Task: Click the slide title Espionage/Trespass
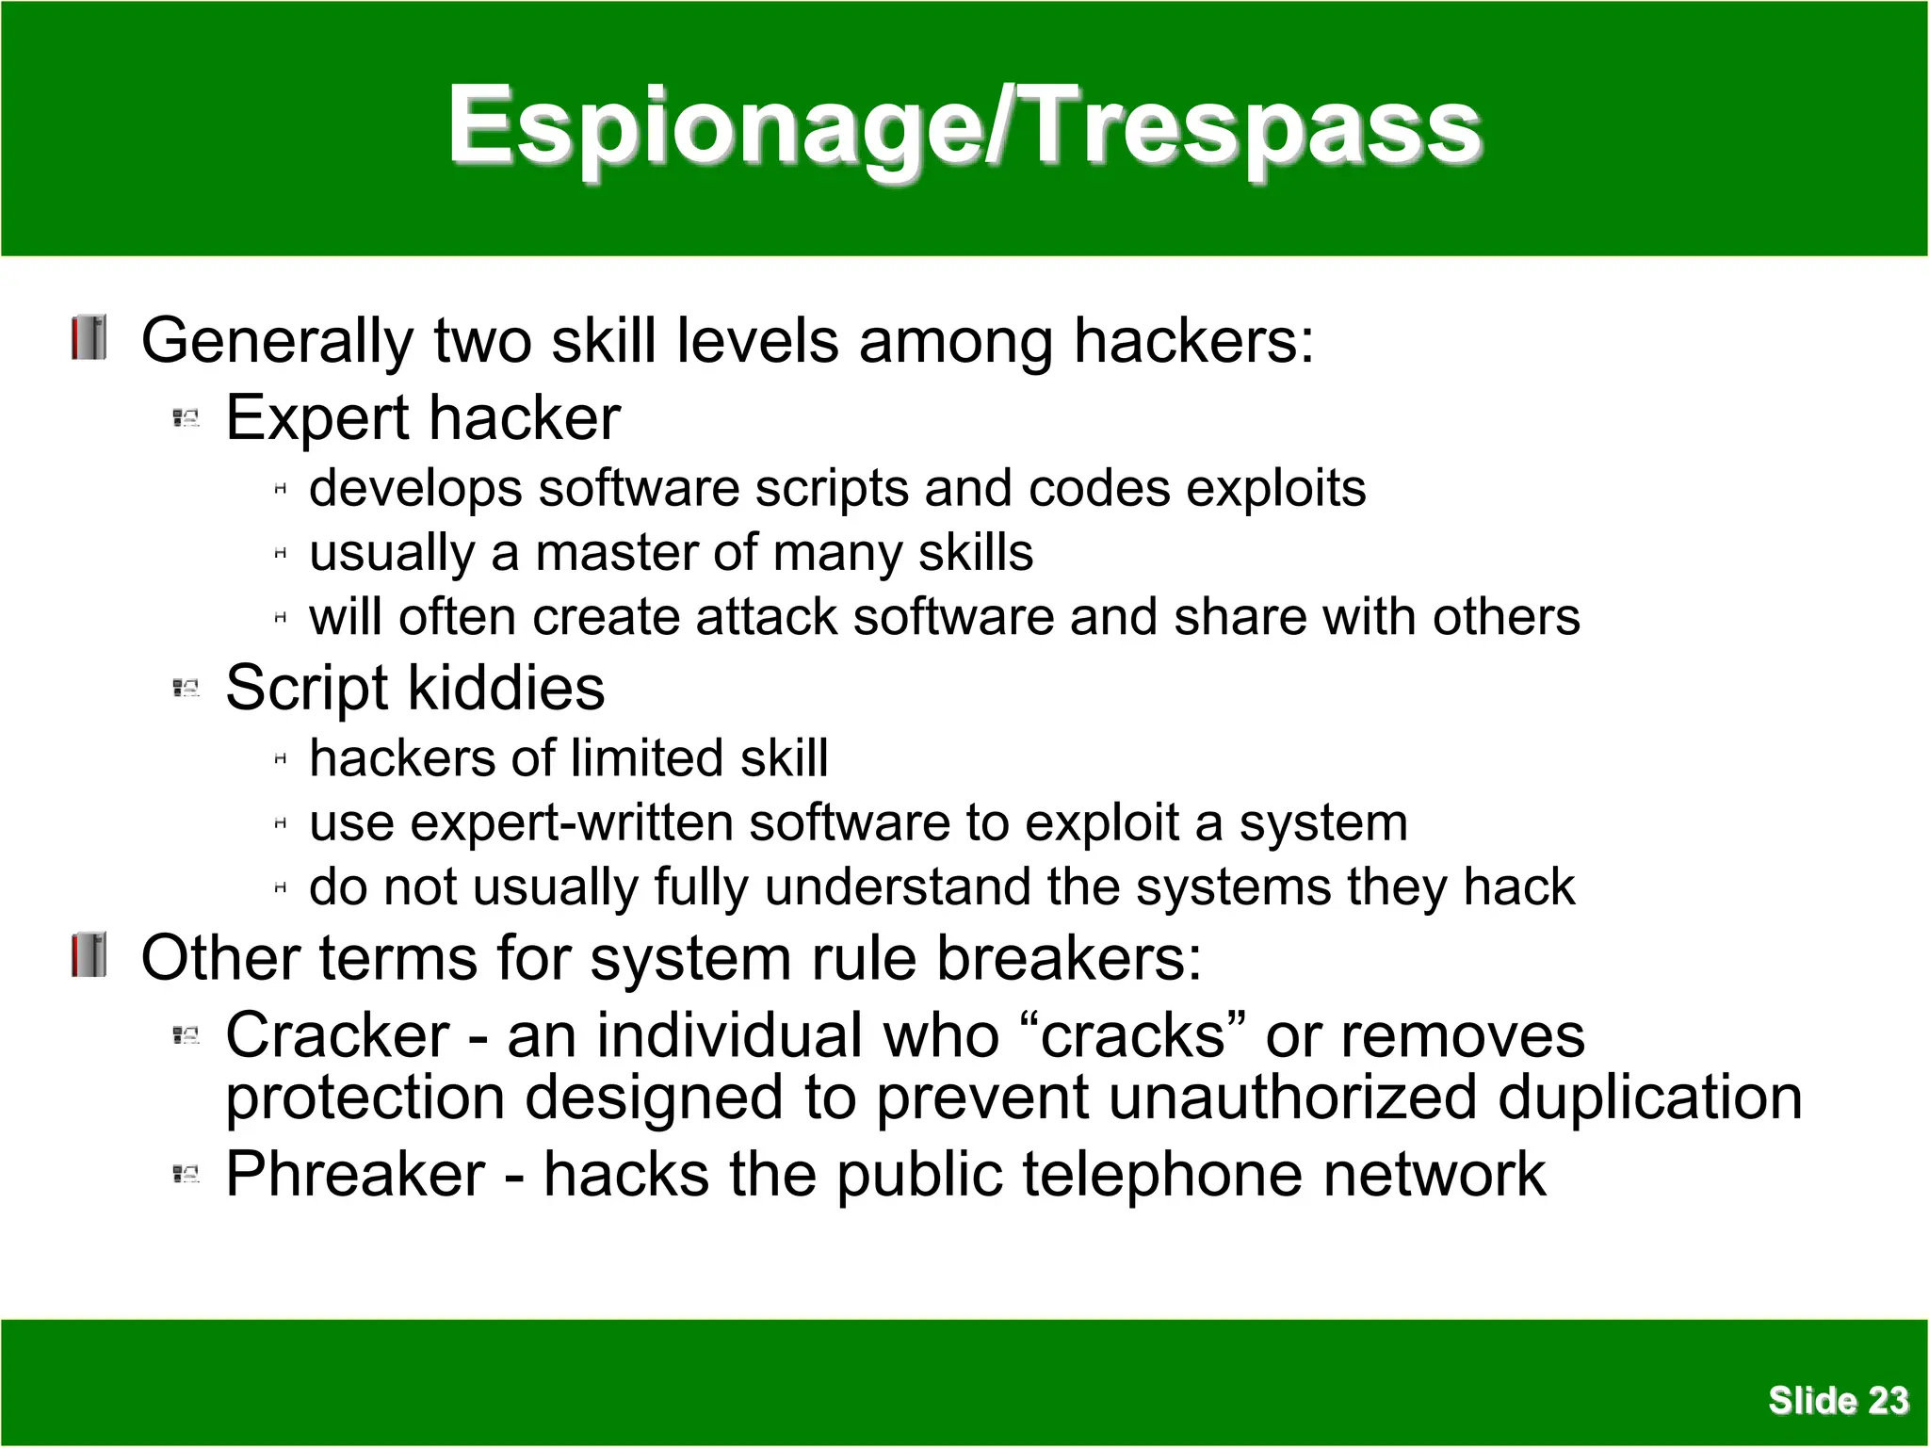(x=964, y=127)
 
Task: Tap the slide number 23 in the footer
(x=1888, y=1401)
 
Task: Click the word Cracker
(x=337, y=1035)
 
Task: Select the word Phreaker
(x=355, y=1175)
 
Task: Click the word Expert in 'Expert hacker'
(x=317, y=418)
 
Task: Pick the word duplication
(x=1649, y=1098)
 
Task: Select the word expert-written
(x=571, y=823)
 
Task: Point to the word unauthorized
(x=1291, y=1098)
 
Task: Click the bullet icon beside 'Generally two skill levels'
(x=89, y=338)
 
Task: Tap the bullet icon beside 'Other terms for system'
(x=89, y=955)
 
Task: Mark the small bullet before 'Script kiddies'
(x=186, y=689)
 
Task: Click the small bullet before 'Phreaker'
(x=186, y=1175)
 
